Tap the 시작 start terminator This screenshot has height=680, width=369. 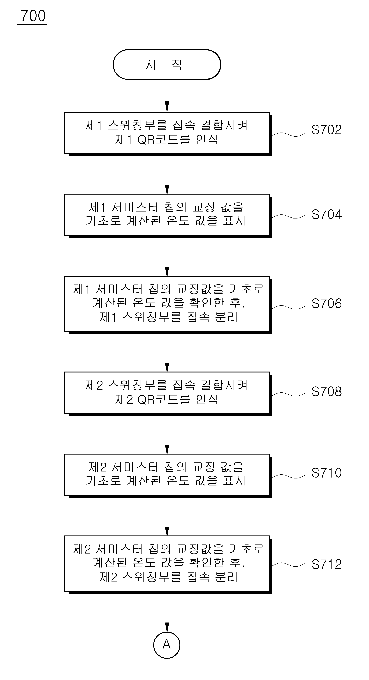tap(167, 64)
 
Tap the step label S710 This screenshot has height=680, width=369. tap(327, 473)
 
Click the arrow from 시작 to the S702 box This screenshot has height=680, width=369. tap(167, 96)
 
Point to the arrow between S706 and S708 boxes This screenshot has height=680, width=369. tap(167, 353)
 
